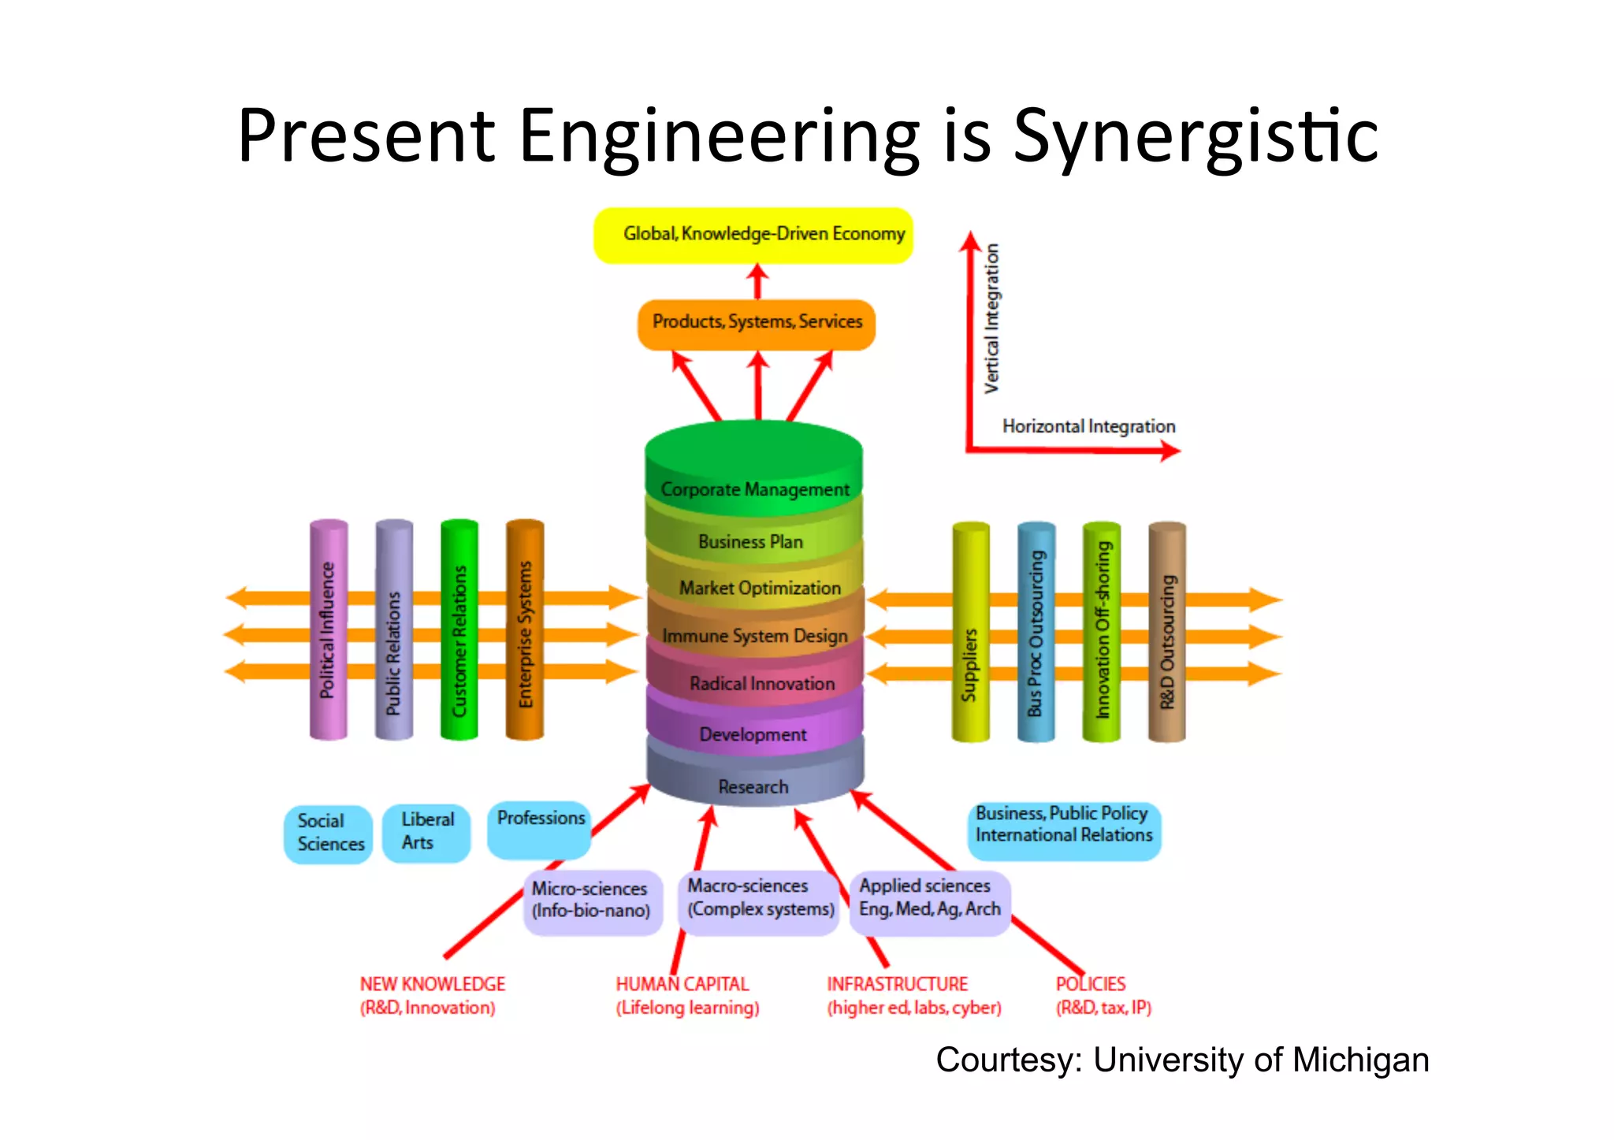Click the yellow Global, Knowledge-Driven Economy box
753,235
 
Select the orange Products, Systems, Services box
757,323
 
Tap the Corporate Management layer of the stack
754,488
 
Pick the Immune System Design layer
754,635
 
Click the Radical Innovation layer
761,683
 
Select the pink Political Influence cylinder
328,630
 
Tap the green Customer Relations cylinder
459,630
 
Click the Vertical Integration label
991,318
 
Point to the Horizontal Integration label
1088,426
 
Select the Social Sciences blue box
329,834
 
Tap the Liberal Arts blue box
426,832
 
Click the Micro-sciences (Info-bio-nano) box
592,900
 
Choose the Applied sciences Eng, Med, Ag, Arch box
929,899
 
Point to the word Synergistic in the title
1196,136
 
